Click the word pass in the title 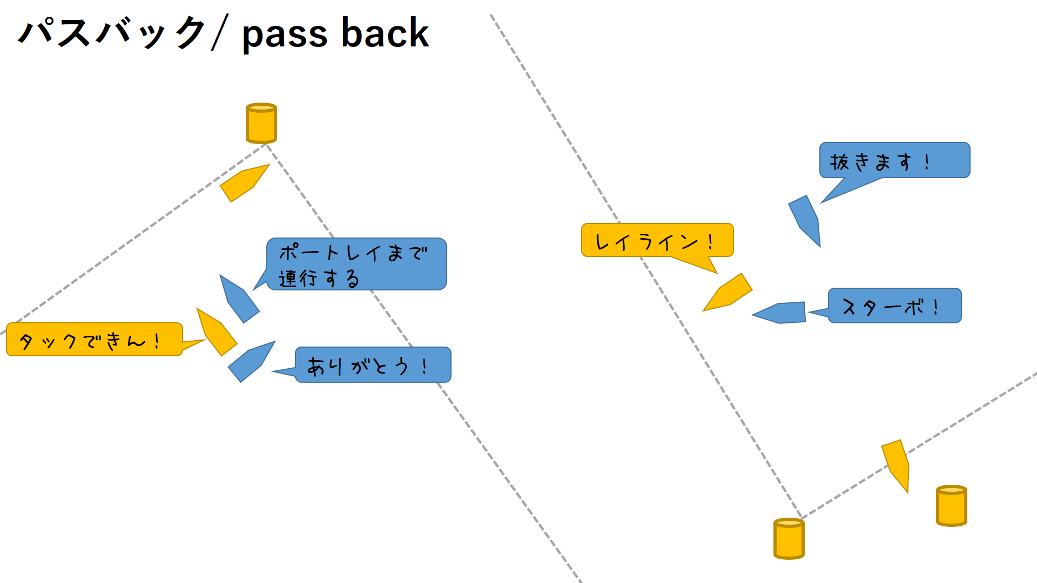click(285, 34)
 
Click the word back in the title click(385, 33)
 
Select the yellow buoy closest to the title click(261, 123)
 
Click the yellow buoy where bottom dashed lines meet click(789, 539)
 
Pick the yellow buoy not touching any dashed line click(951, 506)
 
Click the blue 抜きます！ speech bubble click(894, 160)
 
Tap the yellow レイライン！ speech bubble click(657, 240)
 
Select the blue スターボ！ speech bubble click(894, 306)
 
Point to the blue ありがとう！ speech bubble click(373, 365)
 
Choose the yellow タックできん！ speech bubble click(94, 340)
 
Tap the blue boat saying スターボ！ click(780, 313)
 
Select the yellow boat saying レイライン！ click(728, 293)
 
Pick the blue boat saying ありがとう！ click(251, 361)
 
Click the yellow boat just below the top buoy click(244, 182)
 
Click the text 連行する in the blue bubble click(319, 279)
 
